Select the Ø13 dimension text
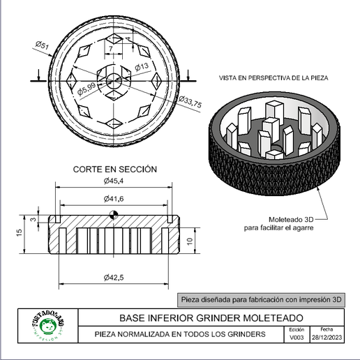pyautogui.click(x=141, y=67)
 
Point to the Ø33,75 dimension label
pyautogui.click(x=190, y=103)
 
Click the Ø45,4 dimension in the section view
pyautogui.click(x=114, y=181)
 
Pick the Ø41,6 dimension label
pyautogui.click(x=114, y=200)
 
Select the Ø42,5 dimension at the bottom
pyautogui.click(x=114, y=278)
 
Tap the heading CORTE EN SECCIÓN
pyautogui.click(x=115, y=169)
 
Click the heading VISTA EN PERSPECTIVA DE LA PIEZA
pyautogui.click(x=273, y=77)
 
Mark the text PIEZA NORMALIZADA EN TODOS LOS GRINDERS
pyautogui.click(x=181, y=335)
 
